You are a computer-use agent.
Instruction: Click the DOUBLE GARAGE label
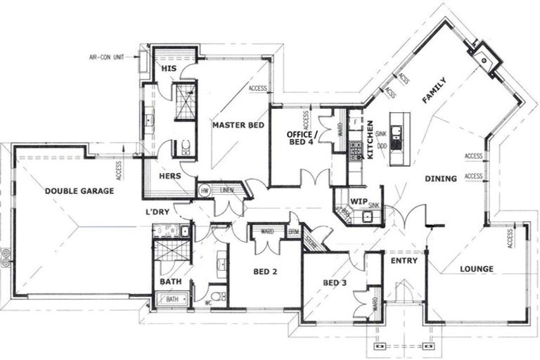click(x=79, y=191)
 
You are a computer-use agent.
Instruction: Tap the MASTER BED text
click(x=238, y=125)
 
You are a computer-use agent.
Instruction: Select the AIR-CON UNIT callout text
click(x=110, y=57)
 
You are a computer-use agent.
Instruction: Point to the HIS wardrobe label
click(x=168, y=69)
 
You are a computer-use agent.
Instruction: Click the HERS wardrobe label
click(x=170, y=176)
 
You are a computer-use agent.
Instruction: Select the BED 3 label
click(x=335, y=283)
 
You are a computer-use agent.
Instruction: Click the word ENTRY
click(x=404, y=260)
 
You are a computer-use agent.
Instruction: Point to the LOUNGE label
click(x=476, y=269)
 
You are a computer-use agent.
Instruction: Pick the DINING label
click(x=441, y=179)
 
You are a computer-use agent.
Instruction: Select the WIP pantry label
click(x=359, y=201)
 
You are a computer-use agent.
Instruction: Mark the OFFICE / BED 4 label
click(x=302, y=138)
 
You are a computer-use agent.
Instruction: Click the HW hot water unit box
click(x=205, y=191)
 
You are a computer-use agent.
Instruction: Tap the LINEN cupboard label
click(x=226, y=190)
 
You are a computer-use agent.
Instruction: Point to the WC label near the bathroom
click(x=208, y=304)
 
